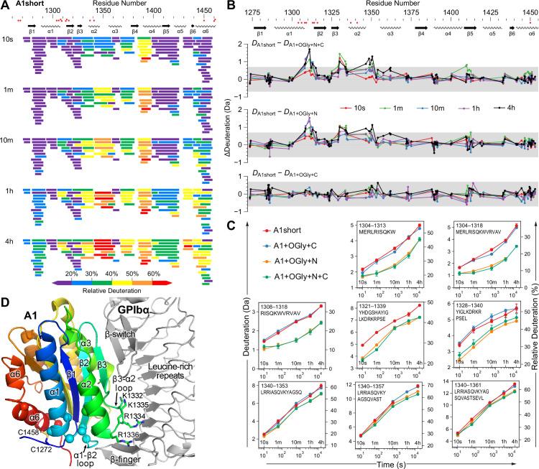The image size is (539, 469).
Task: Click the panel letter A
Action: (x=5, y=6)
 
